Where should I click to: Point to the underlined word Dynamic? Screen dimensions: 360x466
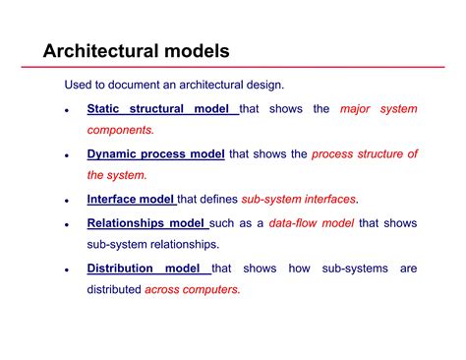(112, 154)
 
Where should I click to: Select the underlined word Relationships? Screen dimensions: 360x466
(127, 223)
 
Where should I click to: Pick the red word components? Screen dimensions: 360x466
(121, 131)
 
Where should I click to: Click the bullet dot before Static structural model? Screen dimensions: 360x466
(66, 111)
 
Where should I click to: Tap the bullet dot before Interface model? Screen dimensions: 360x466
(66, 202)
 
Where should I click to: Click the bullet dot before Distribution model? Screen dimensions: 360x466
(66, 270)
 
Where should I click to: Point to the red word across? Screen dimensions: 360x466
(161, 289)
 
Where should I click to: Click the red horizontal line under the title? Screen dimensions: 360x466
(232, 68)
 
